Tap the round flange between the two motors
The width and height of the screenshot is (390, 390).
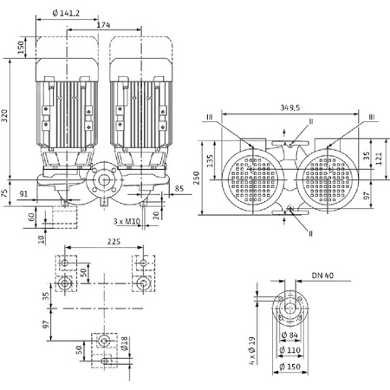coord(105,181)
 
